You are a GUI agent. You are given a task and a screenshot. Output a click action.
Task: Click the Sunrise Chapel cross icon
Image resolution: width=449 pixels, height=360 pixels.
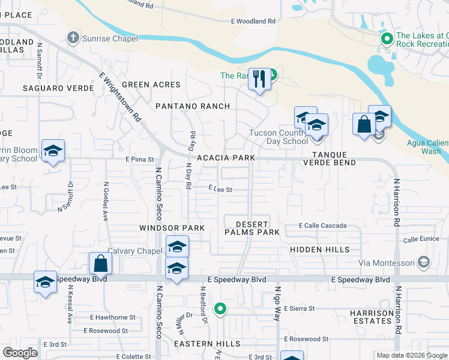coord(73,38)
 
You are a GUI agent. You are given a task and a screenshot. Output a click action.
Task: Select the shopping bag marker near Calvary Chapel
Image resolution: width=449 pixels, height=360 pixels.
coord(100,263)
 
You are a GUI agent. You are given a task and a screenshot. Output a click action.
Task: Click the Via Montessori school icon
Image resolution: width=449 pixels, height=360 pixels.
coord(424,262)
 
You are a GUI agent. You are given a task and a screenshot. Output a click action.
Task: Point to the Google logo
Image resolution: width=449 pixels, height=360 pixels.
coord(20,352)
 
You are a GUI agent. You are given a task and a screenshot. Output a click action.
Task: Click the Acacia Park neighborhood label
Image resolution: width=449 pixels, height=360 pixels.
coord(226,158)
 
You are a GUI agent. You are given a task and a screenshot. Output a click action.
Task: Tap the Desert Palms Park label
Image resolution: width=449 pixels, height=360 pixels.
coord(252,227)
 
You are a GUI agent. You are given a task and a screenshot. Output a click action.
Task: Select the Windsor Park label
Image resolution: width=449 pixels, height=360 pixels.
coord(172,228)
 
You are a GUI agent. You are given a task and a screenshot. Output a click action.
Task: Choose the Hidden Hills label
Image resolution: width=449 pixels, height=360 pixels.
coord(319,249)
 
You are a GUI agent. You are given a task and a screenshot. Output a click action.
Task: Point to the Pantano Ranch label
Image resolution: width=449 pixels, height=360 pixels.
coord(193,106)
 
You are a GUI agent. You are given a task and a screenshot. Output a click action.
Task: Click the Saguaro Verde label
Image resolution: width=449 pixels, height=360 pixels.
coord(58,88)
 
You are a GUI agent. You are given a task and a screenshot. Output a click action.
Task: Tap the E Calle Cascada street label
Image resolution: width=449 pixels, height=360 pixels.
coord(323,226)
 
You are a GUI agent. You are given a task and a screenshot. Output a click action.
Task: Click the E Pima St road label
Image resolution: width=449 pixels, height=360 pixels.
coord(140,160)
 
